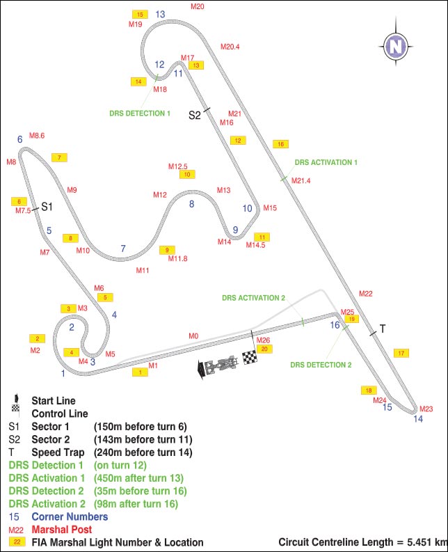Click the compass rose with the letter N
coord(396,47)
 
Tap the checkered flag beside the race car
coord(250,358)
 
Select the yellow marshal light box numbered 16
coord(280,144)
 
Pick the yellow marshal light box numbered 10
coord(187,174)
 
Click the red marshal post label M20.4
coord(230,47)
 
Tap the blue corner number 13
coord(160,14)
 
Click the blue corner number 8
coord(191,204)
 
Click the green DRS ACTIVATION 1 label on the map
coord(326,161)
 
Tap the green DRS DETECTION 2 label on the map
coord(321,365)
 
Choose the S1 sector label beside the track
coord(47,206)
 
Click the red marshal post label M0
coord(193,336)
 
